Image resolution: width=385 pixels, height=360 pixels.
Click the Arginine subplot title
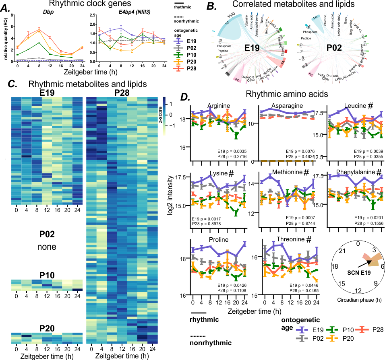pos(219,106)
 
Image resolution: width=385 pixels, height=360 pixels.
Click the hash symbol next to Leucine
pos(371,105)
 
